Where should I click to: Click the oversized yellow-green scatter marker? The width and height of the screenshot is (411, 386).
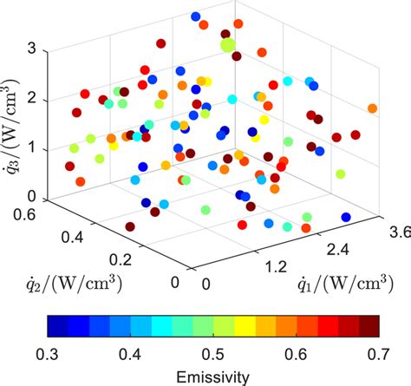pos(228,45)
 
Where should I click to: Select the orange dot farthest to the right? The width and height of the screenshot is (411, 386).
pos(373,108)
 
